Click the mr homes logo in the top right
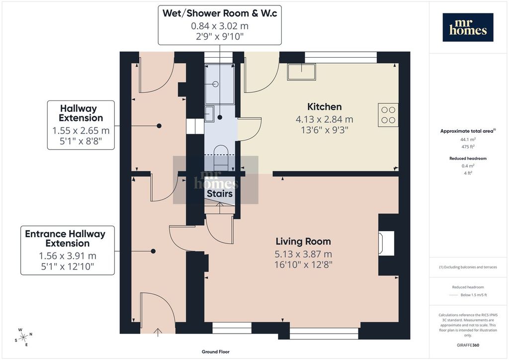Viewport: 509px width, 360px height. [x=468, y=27]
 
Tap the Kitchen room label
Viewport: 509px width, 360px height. [x=324, y=107]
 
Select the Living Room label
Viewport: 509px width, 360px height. [x=303, y=242]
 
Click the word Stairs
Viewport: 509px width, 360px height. [x=220, y=194]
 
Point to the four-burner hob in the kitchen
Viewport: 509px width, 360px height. [x=388, y=115]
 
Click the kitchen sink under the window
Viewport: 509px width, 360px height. [x=302, y=72]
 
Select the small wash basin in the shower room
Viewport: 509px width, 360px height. [x=209, y=113]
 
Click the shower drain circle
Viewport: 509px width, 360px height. [x=216, y=84]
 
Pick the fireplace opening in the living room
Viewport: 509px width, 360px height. [x=386, y=243]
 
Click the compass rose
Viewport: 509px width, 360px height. [x=24, y=337]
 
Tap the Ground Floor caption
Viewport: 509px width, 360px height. [x=216, y=352]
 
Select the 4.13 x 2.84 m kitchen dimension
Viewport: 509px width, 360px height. [x=324, y=119]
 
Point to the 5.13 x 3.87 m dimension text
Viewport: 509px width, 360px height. [x=303, y=254]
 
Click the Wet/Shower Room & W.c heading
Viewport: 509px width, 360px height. [x=220, y=13]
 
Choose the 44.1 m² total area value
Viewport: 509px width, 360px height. [x=468, y=140]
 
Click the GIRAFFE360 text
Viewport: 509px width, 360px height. [x=468, y=345]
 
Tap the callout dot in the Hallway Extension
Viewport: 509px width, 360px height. [x=159, y=126]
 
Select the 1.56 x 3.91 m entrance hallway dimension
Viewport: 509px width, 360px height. [x=68, y=256]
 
